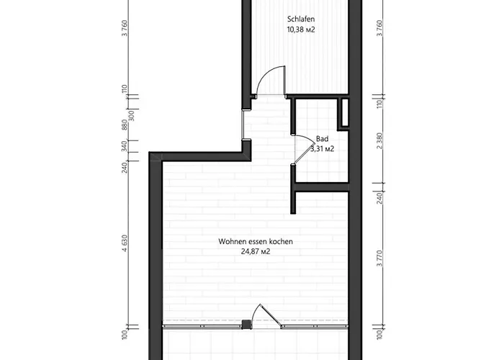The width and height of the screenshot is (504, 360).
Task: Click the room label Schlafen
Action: (x=301, y=19)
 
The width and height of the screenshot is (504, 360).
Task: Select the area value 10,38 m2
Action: (x=301, y=30)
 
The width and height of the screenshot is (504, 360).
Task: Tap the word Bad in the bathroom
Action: (x=322, y=138)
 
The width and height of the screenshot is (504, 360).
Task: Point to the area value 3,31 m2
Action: (x=322, y=148)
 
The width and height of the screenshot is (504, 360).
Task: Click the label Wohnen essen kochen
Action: (x=256, y=242)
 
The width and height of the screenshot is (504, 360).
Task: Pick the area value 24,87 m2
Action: (x=256, y=252)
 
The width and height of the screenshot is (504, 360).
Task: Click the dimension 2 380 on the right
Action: (x=379, y=141)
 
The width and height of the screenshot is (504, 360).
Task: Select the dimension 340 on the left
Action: (x=125, y=146)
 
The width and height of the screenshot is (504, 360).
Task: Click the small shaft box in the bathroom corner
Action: (x=343, y=113)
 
